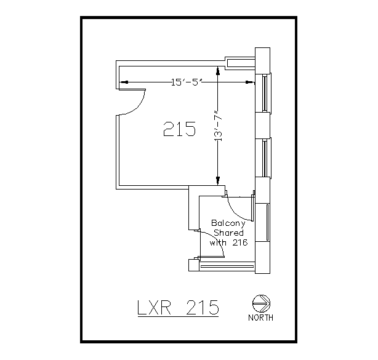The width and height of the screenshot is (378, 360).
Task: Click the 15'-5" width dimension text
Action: (x=187, y=81)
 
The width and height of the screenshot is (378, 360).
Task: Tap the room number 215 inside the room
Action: (x=179, y=129)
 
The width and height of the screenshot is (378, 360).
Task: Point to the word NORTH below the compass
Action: (x=261, y=318)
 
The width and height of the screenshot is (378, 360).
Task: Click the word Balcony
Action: (x=228, y=223)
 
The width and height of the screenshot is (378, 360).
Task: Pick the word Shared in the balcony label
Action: (x=228, y=233)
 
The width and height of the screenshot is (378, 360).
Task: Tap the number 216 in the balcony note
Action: (x=239, y=242)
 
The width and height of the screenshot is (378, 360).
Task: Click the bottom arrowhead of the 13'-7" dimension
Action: (x=217, y=179)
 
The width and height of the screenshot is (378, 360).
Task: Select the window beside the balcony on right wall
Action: (x=267, y=222)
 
